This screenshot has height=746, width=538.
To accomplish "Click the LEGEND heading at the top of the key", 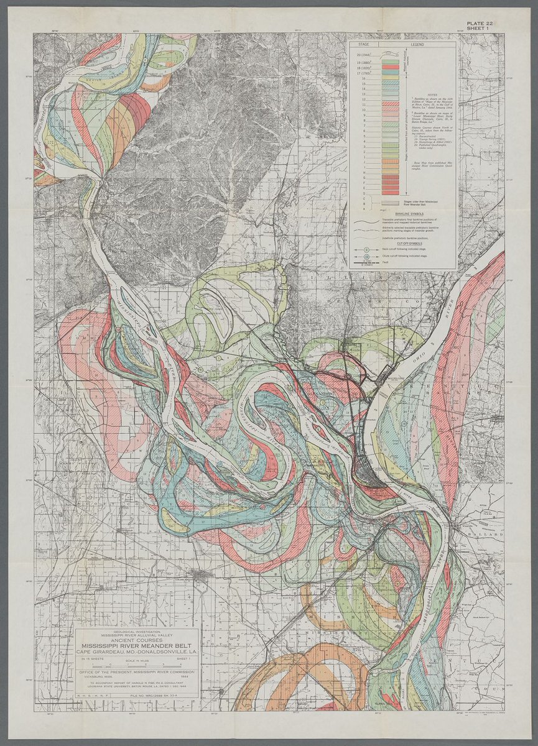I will (x=417, y=45).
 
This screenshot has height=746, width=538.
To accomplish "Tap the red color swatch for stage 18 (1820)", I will (x=390, y=68).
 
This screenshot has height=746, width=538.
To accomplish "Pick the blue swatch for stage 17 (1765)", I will (x=390, y=73).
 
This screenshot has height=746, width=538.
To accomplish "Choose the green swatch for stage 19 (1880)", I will (x=390, y=63).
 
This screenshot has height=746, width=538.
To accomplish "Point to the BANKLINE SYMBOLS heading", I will (x=404, y=211).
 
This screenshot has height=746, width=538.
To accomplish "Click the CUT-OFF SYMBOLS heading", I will (x=402, y=242).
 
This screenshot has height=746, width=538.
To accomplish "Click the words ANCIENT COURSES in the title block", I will (x=137, y=640).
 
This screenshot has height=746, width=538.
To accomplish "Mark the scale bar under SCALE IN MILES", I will (x=137, y=667).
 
